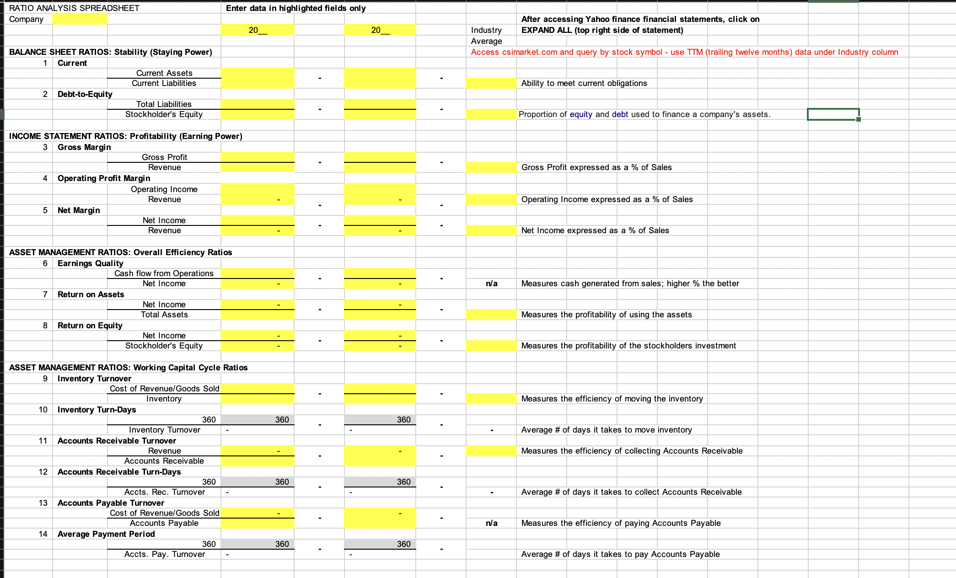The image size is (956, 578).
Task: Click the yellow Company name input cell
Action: pos(80,19)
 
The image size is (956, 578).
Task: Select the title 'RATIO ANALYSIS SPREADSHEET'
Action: pos(74,8)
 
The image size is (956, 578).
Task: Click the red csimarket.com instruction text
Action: pos(684,52)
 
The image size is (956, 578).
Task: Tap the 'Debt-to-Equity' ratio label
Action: pos(85,94)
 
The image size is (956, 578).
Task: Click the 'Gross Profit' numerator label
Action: pos(164,157)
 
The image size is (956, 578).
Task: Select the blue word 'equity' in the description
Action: pos(581,114)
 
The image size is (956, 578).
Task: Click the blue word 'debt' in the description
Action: pos(620,114)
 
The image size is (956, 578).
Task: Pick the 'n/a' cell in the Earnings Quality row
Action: pos(491,284)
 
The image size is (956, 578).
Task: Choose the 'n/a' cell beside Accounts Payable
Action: pos(491,523)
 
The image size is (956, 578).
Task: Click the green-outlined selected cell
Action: pos(833,114)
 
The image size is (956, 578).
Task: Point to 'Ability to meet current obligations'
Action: pos(584,83)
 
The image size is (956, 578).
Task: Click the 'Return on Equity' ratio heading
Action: pos(90,326)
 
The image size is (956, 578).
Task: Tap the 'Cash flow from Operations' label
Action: pos(164,273)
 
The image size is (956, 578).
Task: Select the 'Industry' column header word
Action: pos(486,30)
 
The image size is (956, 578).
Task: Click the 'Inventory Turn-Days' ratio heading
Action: pos(97,410)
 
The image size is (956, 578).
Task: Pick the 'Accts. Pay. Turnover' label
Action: pos(164,554)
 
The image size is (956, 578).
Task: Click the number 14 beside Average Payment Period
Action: pos(43,534)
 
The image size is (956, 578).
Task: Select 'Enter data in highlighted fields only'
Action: pos(295,8)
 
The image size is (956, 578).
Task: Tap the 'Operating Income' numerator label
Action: pos(164,189)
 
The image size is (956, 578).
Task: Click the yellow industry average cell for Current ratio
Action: pos(491,83)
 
